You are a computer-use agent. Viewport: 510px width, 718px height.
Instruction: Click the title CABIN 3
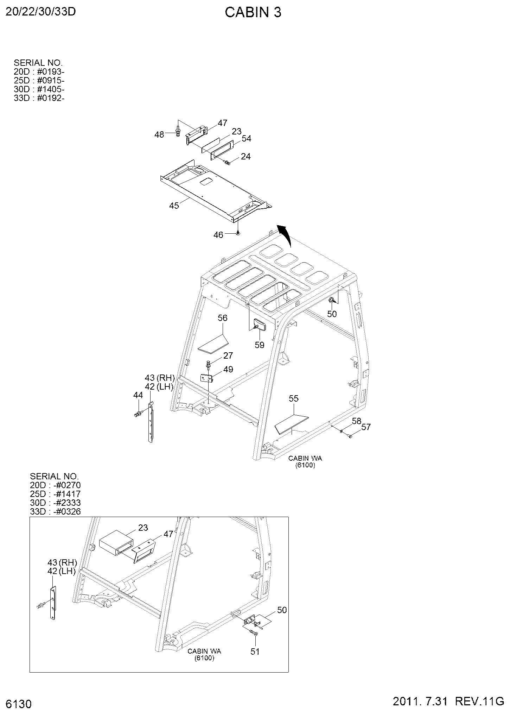253,13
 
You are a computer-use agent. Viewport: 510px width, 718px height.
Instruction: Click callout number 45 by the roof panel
174,205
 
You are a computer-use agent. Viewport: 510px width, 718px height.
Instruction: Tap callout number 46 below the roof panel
218,234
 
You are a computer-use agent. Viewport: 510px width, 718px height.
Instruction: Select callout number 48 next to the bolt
159,134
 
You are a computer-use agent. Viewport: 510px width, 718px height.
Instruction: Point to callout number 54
247,139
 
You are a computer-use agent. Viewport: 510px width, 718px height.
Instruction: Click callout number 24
246,156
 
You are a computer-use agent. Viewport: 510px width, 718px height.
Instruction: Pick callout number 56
223,318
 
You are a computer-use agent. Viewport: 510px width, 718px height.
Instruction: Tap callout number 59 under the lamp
260,345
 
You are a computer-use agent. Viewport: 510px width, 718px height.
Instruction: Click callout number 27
228,355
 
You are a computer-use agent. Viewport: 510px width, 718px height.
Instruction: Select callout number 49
228,369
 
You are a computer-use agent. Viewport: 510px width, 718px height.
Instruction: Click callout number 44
138,395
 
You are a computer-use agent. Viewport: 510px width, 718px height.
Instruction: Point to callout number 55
294,398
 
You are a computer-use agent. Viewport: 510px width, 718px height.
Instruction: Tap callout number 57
366,427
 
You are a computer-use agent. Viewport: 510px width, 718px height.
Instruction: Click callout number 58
357,421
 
